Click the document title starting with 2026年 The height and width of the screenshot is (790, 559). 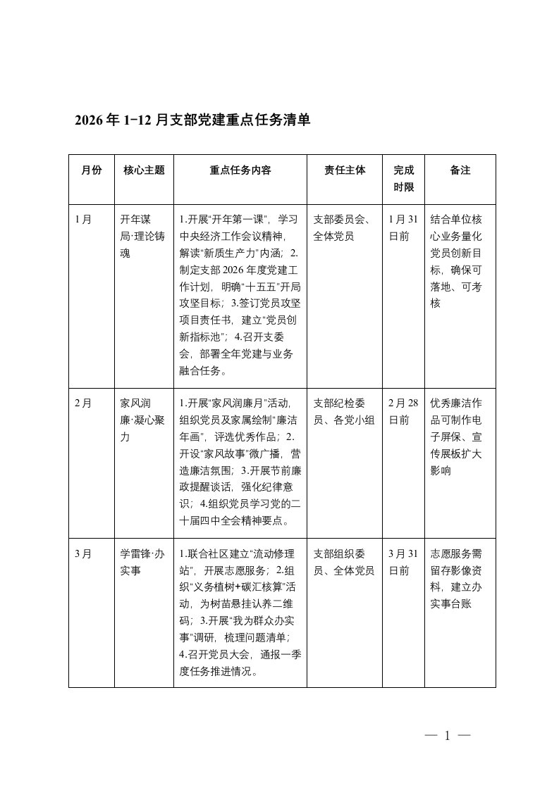coord(192,120)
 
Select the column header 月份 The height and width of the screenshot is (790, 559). coord(92,170)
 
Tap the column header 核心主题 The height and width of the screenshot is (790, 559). coord(144,170)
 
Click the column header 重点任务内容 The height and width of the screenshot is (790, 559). coord(240,170)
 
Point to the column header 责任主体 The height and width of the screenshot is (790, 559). coord(345,170)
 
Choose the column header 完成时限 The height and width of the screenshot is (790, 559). coord(404,178)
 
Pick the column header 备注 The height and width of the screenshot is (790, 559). coord(460,170)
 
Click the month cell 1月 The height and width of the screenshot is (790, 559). coord(83,218)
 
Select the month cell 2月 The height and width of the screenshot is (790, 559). coord(83,403)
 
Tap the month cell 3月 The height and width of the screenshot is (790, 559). coord(83,553)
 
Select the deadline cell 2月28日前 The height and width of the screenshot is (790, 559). coord(404,412)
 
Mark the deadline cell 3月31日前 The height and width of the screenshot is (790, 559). coord(404,562)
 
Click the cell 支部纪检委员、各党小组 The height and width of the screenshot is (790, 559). coord(344,412)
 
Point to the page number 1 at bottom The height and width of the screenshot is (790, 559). coord(447,736)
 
